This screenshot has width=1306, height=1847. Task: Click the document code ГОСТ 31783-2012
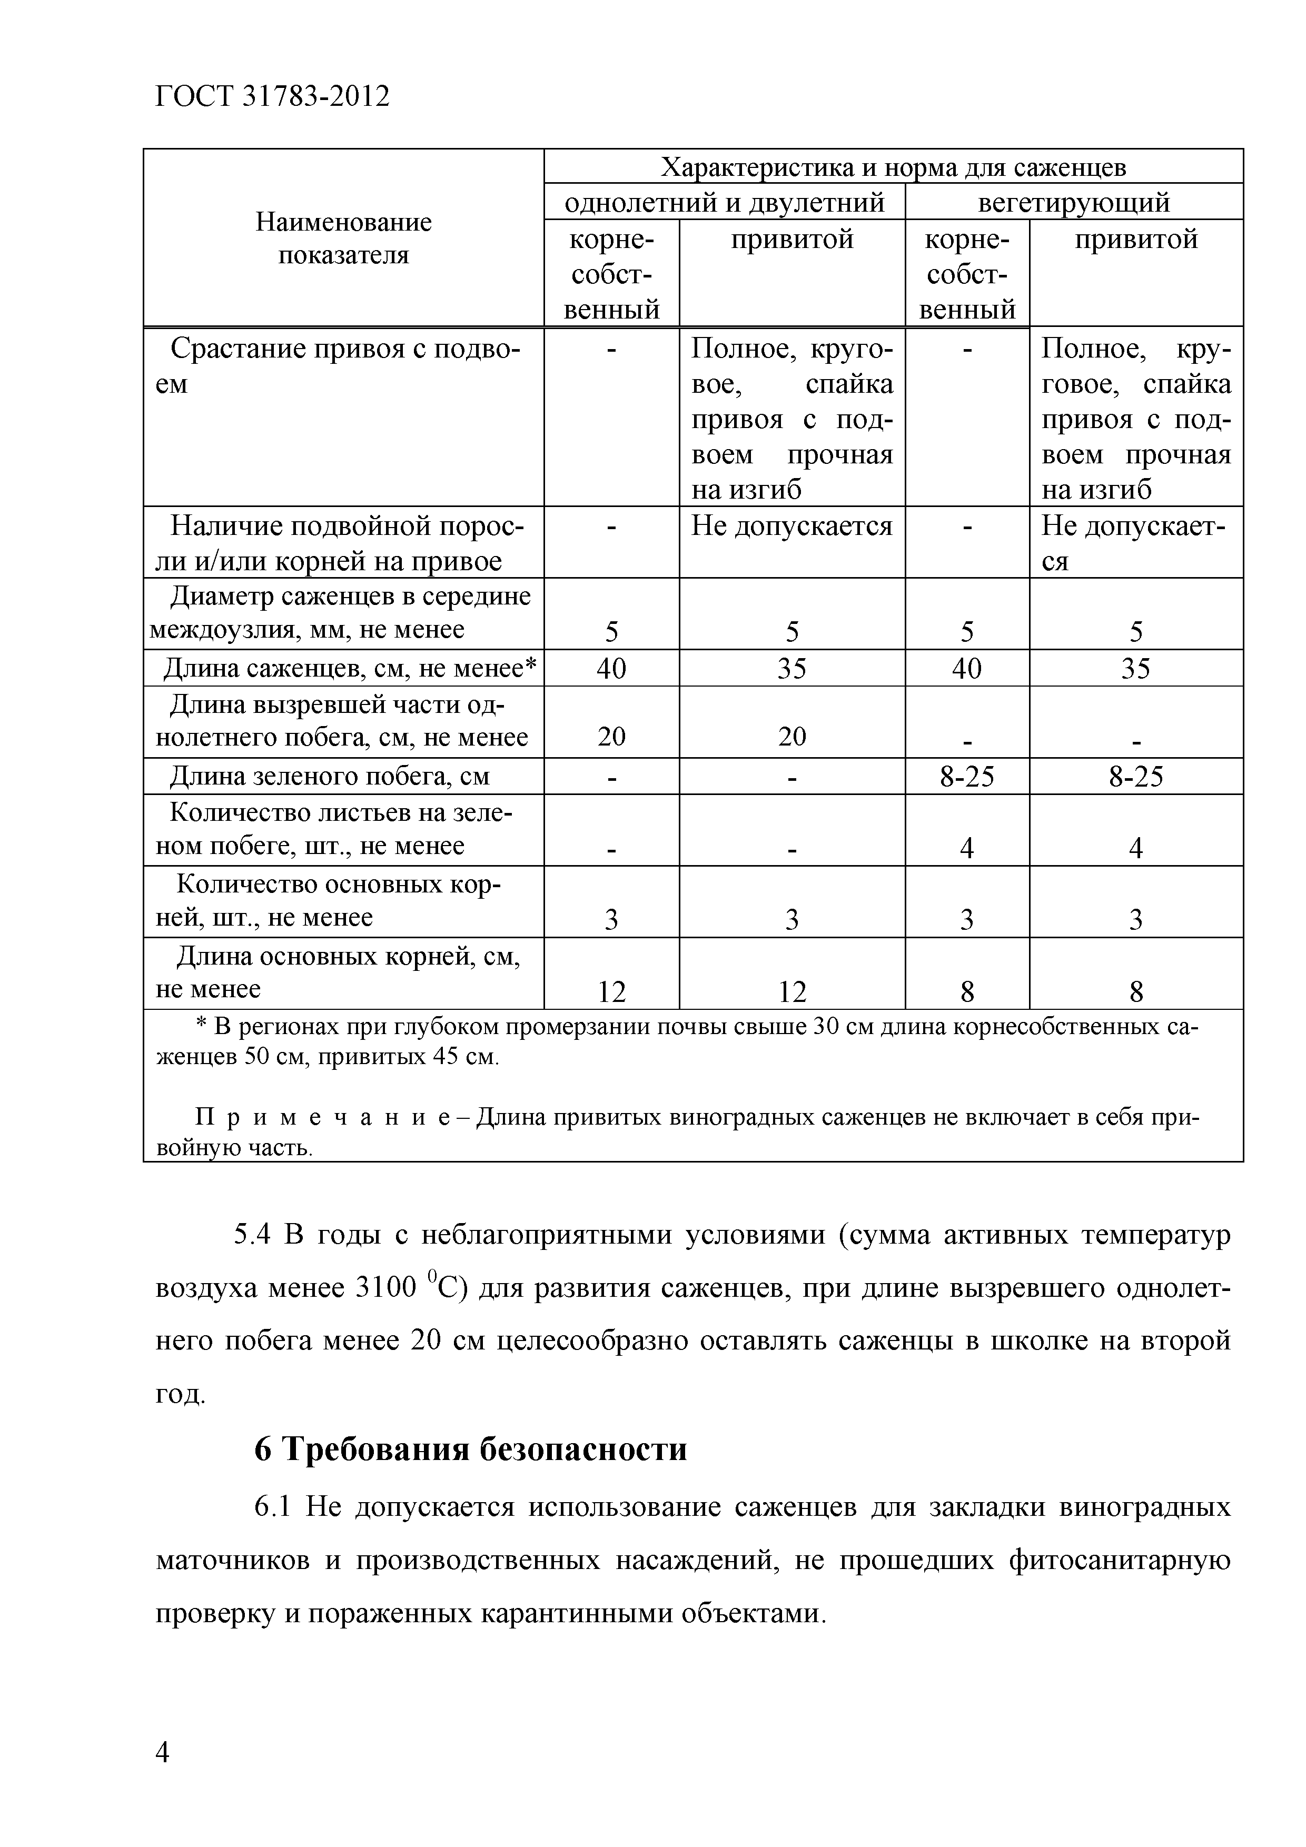(271, 96)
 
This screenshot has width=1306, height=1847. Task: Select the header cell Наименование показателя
(343, 238)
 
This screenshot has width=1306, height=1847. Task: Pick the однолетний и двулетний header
(724, 202)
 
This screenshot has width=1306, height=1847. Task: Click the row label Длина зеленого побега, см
(329, 776)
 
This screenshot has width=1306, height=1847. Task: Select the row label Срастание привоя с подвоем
(343, 366)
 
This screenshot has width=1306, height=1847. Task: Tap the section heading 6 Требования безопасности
(471, 1449)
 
